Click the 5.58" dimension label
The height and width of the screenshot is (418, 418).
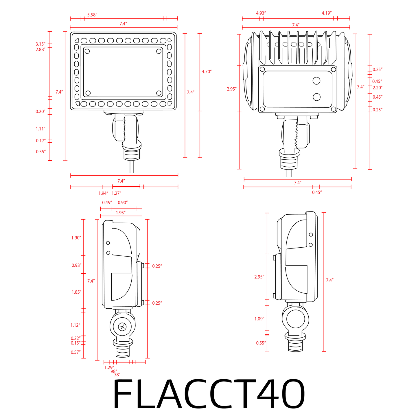[92, 15]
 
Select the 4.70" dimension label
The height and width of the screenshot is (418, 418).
[207, 72]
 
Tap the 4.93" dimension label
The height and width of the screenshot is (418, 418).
[261, 13]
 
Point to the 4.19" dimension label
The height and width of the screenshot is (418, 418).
[326, 13]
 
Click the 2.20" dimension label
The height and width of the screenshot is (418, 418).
[377, 88]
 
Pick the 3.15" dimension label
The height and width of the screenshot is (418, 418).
[40, 44]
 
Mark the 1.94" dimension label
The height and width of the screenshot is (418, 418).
[103, 193]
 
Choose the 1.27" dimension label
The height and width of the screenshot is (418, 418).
[116, 193]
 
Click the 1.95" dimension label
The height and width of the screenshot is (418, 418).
[120, 213]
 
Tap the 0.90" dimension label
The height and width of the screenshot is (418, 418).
[123, 202]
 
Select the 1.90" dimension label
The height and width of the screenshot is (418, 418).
[76, 238]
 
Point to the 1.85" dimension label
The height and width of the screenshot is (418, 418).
[76, 292]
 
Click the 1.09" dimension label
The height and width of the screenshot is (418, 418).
[259, 319]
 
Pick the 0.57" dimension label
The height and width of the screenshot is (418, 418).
[75, 352]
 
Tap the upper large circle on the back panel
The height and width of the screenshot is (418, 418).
[316, 81]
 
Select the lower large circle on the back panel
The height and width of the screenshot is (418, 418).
[316, 97]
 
